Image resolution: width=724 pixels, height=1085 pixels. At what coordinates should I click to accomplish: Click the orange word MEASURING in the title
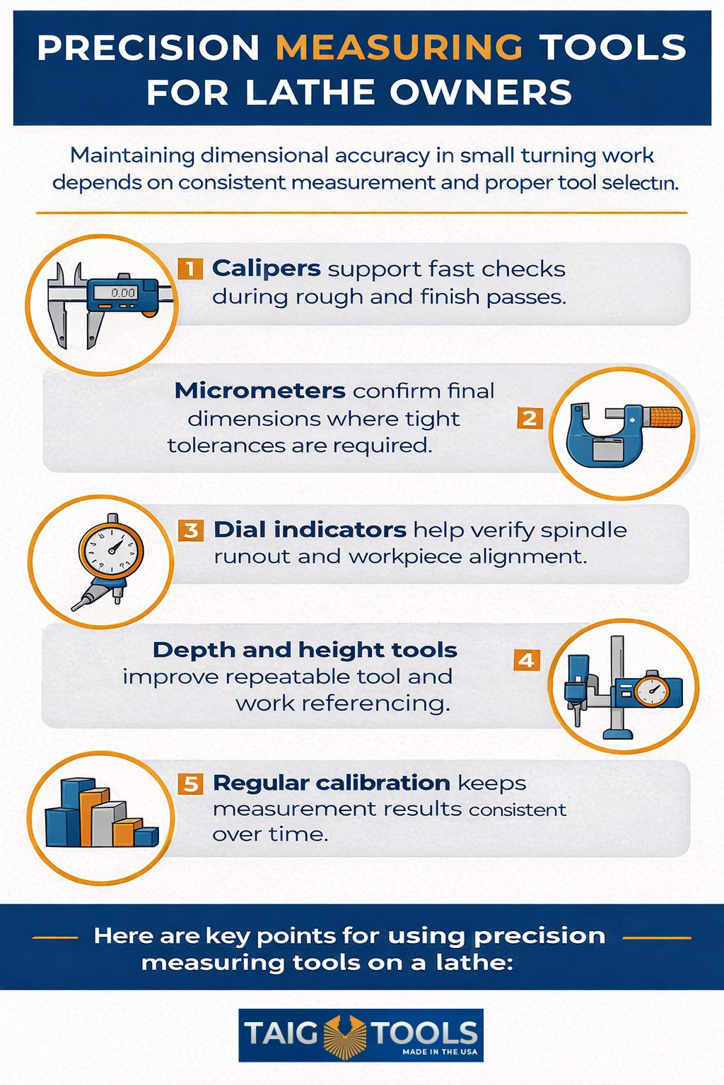399,47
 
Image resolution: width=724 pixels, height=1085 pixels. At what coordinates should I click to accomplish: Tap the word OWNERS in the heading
481,92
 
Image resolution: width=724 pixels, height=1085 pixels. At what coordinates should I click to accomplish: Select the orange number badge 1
190,268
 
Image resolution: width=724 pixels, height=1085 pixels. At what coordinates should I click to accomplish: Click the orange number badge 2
530,417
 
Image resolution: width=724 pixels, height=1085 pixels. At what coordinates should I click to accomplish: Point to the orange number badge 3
191,530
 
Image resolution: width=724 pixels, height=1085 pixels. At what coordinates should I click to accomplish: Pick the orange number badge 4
527,660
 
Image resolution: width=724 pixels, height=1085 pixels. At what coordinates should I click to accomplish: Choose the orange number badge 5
191,783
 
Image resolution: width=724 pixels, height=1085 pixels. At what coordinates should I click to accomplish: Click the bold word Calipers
267,269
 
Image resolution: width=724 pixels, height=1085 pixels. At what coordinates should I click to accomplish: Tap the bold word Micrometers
260,391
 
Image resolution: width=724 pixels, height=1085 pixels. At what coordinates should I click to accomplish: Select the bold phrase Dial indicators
310,530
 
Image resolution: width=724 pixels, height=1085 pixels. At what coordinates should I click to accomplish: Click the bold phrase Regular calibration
332,783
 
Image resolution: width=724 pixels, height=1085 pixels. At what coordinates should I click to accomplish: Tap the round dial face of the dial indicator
111,550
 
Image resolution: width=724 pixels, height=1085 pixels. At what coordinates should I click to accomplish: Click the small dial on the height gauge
651,692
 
